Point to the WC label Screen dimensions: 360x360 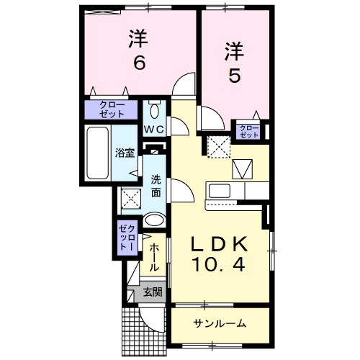click(x=156, y=130)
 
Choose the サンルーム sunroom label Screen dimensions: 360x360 click(x=220, y=323)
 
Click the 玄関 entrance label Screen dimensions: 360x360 click(x=152, y=292)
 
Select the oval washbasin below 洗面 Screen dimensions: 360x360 click(x=154, y=220)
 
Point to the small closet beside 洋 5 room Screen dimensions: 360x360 click(x=248, y=130)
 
